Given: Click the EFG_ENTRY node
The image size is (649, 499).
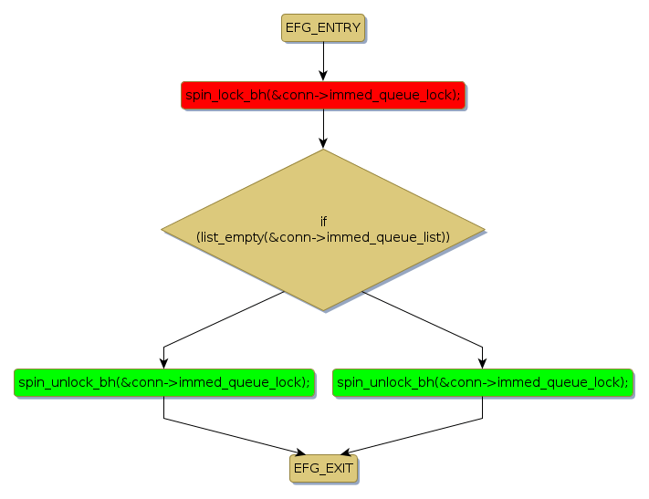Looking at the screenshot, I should tap(323, 28).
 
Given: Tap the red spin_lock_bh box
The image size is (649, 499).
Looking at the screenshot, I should tap(323, 95).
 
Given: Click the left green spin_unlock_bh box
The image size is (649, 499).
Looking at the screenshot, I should tap(164, 382).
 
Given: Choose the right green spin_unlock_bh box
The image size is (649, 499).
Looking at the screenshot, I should tap(483, 382).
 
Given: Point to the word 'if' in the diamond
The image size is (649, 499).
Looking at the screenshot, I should tap(323, 222).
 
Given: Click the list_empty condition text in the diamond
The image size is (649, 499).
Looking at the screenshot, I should tap(323, 236).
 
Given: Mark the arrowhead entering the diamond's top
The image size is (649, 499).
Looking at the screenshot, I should tap(323, 143).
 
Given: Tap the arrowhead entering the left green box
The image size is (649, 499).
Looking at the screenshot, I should tap(164, 364).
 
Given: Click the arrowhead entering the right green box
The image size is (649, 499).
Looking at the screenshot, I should tap(483, 364).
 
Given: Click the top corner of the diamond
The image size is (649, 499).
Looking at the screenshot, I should tap(323, 151).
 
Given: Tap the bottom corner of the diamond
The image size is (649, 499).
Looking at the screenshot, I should tap(323, 309).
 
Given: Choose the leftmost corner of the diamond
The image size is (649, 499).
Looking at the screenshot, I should tap(162, 230).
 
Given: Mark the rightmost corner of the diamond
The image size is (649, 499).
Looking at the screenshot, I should tap(485, 230).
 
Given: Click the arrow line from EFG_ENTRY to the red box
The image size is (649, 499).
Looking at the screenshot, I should tap(323, 58).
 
